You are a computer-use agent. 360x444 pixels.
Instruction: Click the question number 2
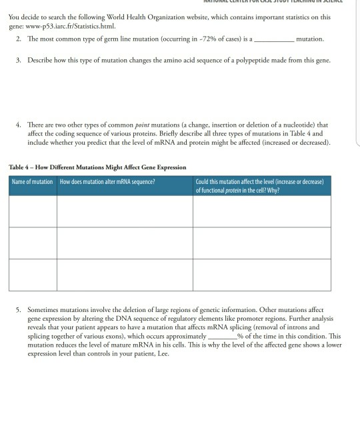click(19, 39)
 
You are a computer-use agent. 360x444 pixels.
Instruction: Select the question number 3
click(19, 61)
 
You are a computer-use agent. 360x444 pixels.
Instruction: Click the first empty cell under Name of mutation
click(32, 211)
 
